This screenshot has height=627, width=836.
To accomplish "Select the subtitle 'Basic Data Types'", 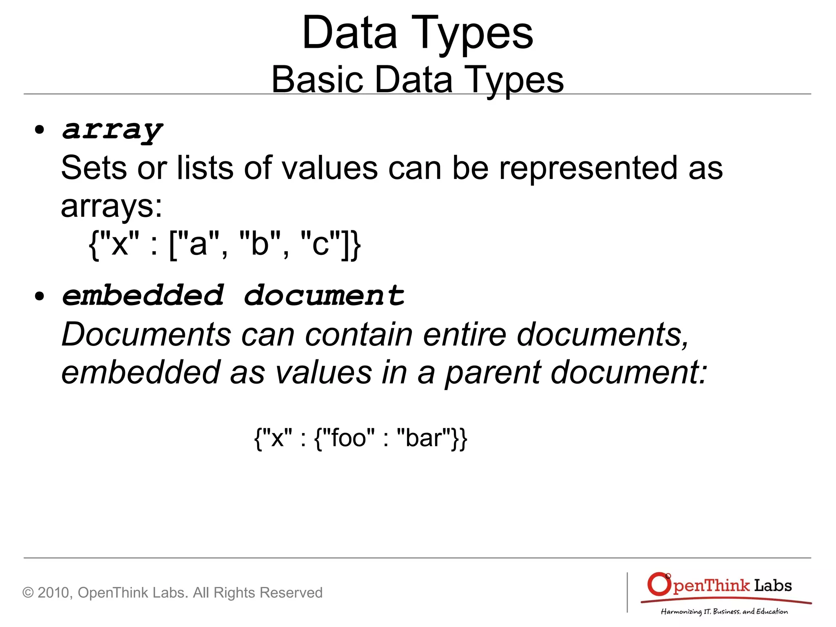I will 417,79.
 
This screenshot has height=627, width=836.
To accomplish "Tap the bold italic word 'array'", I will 112,130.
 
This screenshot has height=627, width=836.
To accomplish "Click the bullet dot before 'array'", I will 40,130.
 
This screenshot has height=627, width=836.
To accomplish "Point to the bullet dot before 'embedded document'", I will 40,296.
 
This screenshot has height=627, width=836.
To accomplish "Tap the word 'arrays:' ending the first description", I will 111,206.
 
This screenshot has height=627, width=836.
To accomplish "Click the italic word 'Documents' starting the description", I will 146,334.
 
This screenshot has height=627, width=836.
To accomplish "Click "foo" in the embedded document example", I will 349,438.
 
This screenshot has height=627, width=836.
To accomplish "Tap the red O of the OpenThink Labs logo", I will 659,584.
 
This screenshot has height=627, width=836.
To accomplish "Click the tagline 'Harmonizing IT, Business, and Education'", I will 724,611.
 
